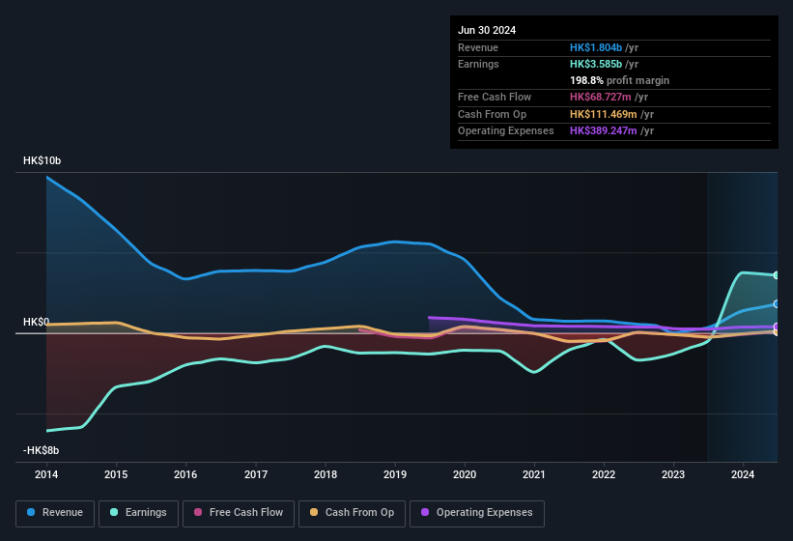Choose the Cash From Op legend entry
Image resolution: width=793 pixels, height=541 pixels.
click(x=352, y=513)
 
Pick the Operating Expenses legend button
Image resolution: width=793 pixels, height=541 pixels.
click(x=477, y=513)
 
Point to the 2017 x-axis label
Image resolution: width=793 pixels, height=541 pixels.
click(x=256, y=474)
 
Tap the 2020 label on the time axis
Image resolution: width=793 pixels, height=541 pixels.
click(x=465, y=474)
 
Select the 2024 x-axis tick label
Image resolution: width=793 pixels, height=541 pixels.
click(x=743, y=474)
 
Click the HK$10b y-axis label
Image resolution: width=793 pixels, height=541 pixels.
click(x=42, y=161)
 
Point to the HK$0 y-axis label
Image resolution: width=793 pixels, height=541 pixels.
click(x=37, y=322)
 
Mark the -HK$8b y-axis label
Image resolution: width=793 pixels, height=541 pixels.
click(x=42, y=450)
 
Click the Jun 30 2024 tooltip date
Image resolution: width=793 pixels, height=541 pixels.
click(x=487, y=30)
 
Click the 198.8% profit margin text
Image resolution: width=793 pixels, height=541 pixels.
click(x=619, y=80)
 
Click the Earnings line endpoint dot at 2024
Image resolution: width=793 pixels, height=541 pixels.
click(x=777, y=275)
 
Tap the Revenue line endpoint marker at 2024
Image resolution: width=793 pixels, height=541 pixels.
click(x=777, y=303)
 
